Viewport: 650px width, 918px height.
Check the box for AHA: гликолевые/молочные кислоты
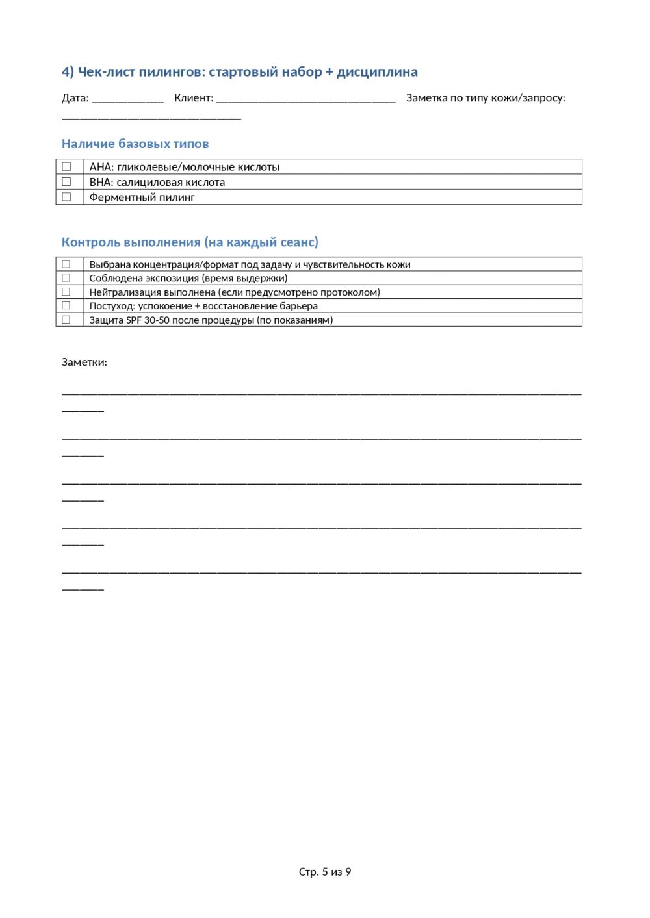[66, 167]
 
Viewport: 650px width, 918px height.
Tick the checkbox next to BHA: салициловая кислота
[66, 182]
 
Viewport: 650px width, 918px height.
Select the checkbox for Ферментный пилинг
[66, 197]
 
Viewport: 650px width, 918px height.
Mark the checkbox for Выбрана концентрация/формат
[66, 264]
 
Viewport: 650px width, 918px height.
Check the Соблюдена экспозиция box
[66, 278]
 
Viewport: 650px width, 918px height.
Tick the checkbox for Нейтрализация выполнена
[66, 292]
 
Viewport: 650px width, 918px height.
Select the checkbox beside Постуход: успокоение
[66, 306]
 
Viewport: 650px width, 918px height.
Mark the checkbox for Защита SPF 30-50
[66, 320]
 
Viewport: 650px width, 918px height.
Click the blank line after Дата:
[127, 99]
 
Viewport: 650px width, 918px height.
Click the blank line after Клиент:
[305, 99]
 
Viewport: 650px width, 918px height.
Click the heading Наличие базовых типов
[135, 144]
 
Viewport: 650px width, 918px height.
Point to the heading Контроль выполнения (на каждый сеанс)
[190, 242]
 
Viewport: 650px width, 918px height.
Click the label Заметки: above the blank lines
[84, 363]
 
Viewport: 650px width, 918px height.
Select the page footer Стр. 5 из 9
[325, 872]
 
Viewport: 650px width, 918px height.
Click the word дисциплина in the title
[377, 72]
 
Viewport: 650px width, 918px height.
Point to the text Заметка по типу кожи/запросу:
[486, 98]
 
